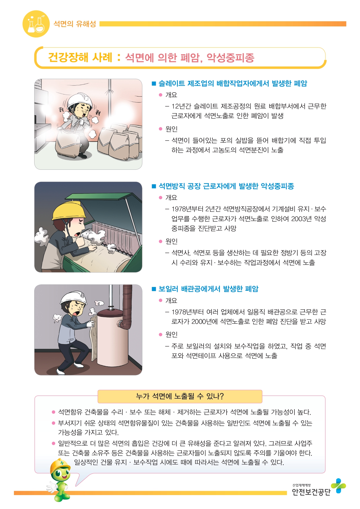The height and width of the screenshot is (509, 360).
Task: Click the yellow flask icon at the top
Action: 36,24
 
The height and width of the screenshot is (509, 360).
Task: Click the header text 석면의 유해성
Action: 75,24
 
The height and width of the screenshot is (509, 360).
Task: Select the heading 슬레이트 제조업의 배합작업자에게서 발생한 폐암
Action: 233,84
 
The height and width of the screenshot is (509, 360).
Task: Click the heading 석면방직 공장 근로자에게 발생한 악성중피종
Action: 226,186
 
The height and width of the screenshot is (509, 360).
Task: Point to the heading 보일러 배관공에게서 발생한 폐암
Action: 208,289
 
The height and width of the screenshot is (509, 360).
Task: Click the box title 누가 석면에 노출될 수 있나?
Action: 180,396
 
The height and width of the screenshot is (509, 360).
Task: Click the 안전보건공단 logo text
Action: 311,492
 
